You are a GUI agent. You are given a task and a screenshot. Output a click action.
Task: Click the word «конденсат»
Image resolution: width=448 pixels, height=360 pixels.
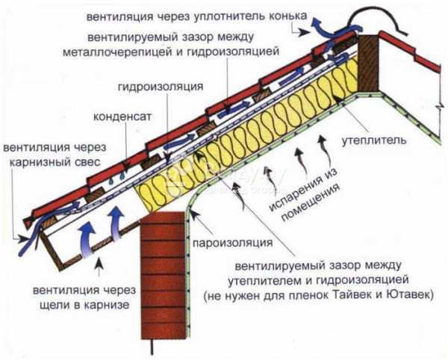tap(122, 117)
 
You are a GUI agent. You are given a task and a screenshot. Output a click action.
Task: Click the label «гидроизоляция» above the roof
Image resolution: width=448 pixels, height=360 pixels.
tap(161, 87)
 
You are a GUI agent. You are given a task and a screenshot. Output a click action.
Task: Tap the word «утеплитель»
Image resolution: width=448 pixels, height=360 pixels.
tap(374, 140)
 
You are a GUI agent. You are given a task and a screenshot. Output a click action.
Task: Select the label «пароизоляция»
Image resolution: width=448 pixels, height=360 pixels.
tap(232, 243)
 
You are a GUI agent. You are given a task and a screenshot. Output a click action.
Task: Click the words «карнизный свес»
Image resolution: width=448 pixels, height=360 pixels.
tap(55, 162)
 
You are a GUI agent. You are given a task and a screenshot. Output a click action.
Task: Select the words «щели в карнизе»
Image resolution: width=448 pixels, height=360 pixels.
tap(84, 305)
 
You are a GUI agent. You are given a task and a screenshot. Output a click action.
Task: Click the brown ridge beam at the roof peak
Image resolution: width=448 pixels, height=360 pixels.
tap(369, 63)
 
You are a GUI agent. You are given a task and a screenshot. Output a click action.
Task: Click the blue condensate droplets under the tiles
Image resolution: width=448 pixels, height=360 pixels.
tap(116, 179)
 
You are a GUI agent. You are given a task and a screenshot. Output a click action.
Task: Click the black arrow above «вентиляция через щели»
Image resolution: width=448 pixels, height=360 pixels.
tap(99, 267)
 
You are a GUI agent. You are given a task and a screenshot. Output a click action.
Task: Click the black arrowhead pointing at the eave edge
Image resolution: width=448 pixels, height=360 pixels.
tap(23, 238)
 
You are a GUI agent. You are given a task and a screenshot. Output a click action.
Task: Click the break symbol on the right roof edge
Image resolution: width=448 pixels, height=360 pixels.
tap(438, 107)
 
